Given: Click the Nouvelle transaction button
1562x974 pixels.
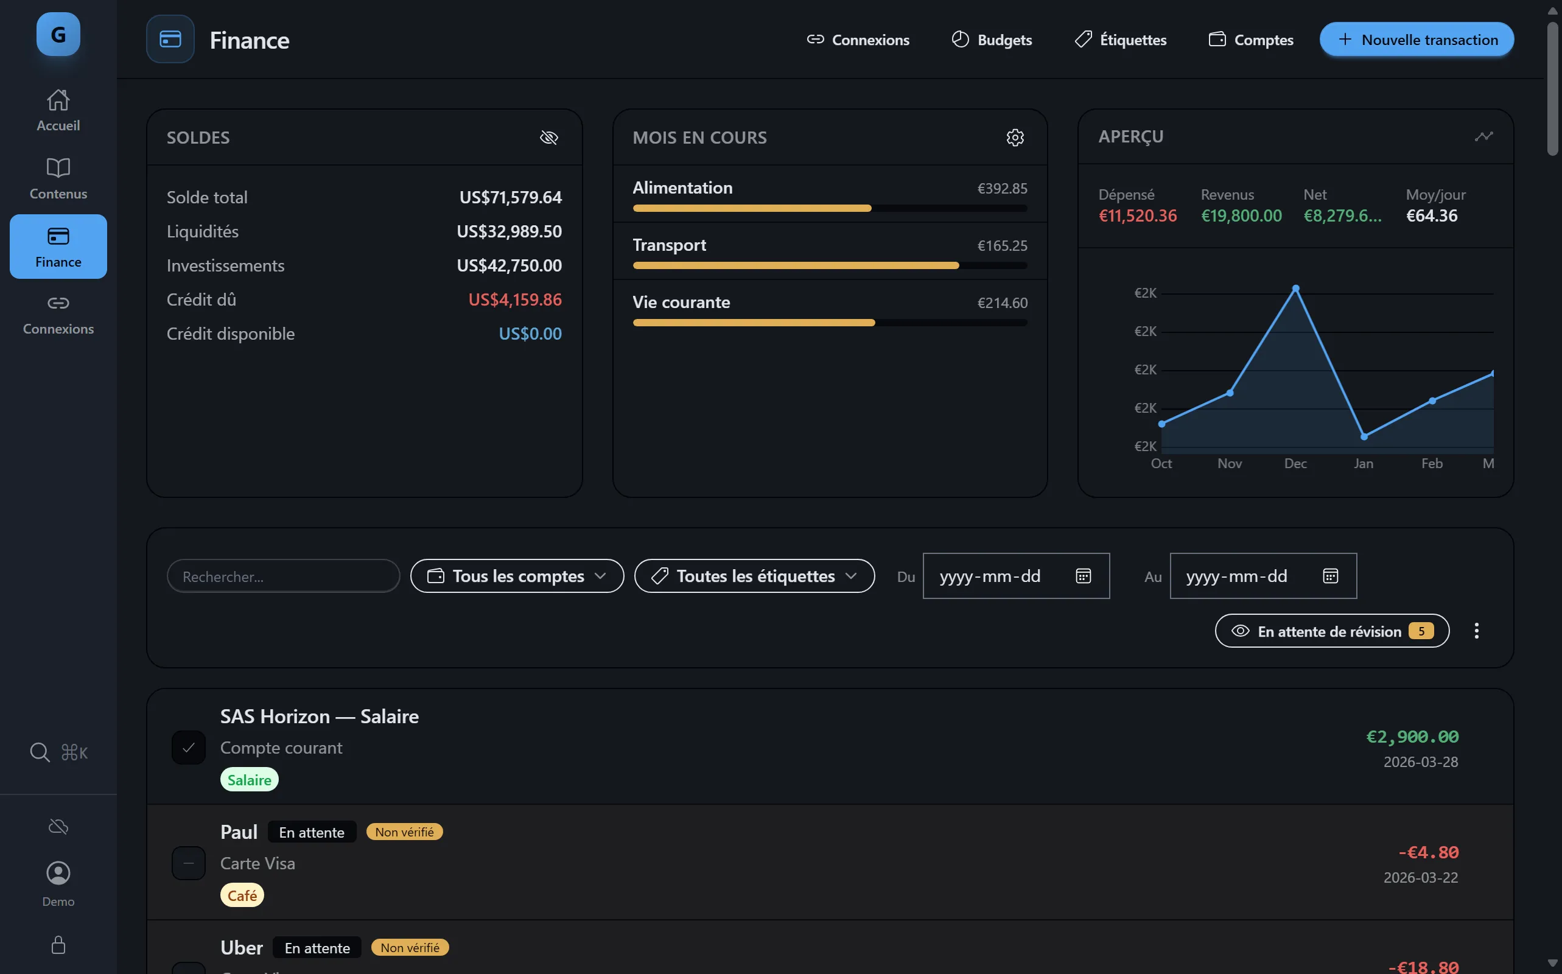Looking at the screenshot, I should coord(1416,40).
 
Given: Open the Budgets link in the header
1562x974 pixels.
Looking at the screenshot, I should coord(992,40).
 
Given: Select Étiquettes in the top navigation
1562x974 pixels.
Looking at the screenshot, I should coord(1120,40).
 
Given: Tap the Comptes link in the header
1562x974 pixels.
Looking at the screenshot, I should coord(1250,40).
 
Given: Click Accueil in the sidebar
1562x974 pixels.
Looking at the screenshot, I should coord(58,110).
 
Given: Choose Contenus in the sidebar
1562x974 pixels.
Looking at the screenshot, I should coord(58,178).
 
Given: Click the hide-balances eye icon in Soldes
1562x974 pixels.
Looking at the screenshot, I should coord(548,137).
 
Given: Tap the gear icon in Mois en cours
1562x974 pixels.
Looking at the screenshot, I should coord(1015,137).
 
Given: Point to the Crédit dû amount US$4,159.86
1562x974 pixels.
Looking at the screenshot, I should coord(514,300).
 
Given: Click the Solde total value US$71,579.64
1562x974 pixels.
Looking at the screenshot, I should coord(510,197).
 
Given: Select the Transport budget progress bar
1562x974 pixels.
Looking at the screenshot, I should coord(829,265).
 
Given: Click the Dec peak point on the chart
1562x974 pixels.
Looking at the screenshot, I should coord(1295,289).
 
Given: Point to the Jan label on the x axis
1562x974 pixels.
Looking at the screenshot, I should coord(1363,463).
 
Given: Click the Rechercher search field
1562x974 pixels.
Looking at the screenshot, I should coord(284,576).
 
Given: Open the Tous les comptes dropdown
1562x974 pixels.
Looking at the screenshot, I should coord(517,576).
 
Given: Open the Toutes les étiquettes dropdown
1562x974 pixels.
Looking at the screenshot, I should coord(754,576).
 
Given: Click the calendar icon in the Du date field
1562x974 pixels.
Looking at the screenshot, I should coord(1083,576).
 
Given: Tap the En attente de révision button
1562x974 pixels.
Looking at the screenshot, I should coord(1331,631).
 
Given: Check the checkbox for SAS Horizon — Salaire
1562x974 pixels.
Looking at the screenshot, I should coord(189,748).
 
